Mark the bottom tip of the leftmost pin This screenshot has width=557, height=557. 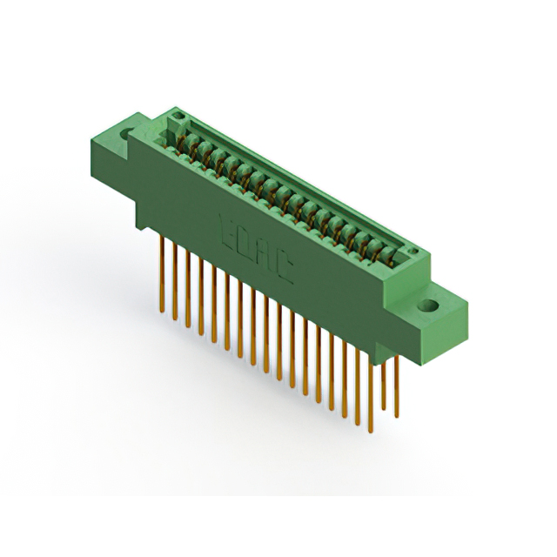tap(162, 310)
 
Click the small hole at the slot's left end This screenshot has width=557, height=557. tap(178, 116)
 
